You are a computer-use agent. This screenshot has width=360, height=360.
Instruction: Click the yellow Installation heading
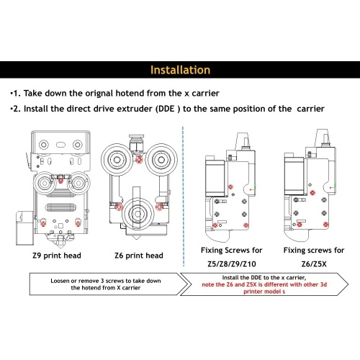pos(180,70)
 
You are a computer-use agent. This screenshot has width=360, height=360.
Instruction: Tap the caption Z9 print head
pos(57,256)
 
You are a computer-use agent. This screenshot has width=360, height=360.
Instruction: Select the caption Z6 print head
pos(139,256)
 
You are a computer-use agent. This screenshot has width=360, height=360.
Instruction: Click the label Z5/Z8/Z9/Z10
pos(232,264)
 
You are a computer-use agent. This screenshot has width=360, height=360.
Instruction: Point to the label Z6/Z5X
pos(314,264)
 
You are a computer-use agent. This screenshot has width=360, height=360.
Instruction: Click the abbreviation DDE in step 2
pos(165,109)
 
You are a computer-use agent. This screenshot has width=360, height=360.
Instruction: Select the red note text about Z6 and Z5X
pos(264,288)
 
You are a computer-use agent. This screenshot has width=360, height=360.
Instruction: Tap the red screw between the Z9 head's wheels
pos(61,180)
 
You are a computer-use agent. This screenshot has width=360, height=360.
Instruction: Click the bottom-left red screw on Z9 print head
pos(43,224)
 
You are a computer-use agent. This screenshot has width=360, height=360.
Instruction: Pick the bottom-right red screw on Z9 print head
pos(78,224)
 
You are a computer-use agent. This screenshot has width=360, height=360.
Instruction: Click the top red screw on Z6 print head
pos(139,159)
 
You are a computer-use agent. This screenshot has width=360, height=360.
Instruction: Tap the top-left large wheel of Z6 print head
pos(117,159)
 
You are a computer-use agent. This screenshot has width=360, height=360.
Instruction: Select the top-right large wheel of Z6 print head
pos(161,159)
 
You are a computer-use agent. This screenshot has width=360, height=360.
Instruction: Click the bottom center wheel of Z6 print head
pos(138,214)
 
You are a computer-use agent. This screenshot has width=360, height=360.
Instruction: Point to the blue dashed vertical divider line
pos(183,197)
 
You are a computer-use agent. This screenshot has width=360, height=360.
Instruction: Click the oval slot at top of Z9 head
pos(60,145)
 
